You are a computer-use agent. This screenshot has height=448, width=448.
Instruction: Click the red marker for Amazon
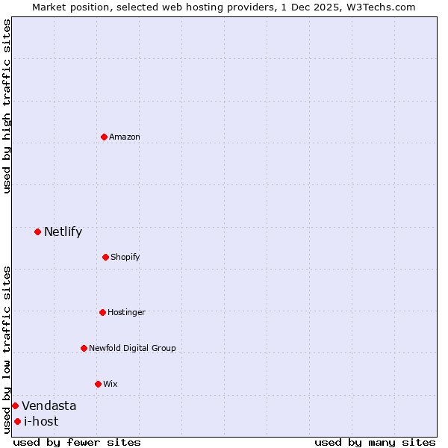(x=104, y=137)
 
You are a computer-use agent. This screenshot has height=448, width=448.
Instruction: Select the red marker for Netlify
(x=37, y=231)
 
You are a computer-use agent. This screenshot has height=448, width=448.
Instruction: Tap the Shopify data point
(x=105, y=257)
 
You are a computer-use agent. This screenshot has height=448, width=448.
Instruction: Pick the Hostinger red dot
(x=102, y=312)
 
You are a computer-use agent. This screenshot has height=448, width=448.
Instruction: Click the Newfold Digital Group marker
(x=84, y=348)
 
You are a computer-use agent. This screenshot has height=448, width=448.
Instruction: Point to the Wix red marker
(x=98, y=384)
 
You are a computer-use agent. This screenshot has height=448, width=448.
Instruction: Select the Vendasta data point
(x=15, y=405)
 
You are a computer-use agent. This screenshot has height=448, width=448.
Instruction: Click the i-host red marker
(x=17, y=421)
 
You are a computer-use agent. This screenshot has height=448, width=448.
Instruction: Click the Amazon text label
(x=125, y=137)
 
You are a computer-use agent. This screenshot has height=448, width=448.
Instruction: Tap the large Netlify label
(x=63, y=231)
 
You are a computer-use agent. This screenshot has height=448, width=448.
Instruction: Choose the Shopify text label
(x=125, y=257)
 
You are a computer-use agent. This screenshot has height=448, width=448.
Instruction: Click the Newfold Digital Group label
(x=132, y=348)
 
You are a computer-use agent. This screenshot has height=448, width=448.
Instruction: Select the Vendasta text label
(x=49, y=405)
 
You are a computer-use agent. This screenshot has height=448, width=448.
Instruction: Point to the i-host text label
(x=41, y=421)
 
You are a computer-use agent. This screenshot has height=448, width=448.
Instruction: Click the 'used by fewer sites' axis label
(x=77, y=442)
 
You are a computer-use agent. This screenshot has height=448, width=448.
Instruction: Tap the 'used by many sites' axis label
(x=375, y=442)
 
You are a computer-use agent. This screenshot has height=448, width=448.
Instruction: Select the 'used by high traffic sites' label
(x=7, y=107)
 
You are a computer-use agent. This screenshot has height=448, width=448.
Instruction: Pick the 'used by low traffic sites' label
(x=7, y=349)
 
